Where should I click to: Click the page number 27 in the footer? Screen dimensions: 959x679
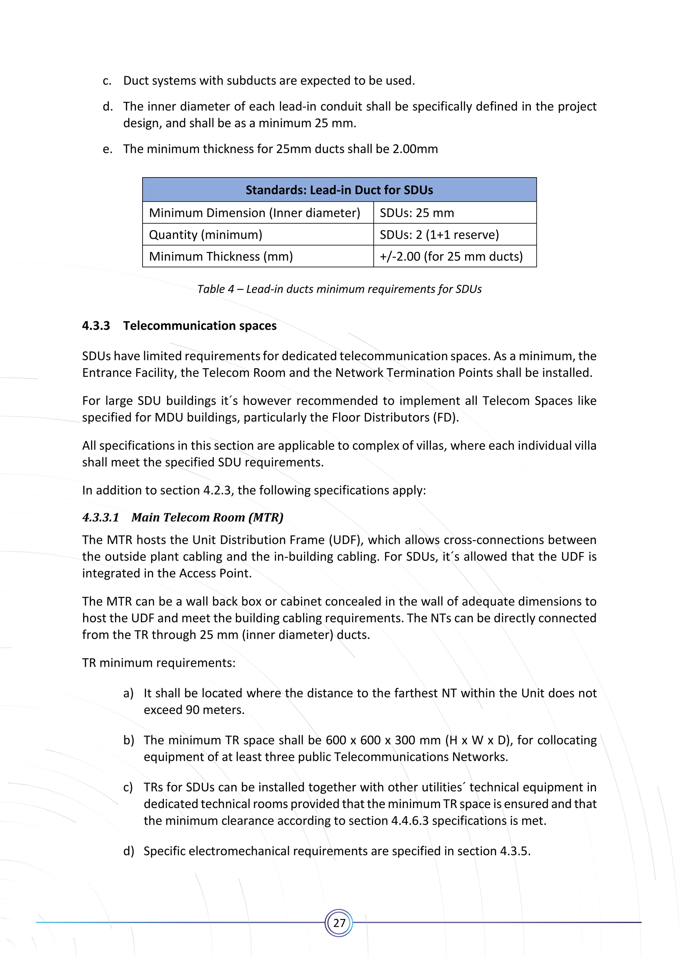point(339,923)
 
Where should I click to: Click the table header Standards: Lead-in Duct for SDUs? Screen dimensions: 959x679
point(339,190)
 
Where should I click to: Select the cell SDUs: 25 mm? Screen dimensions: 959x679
point(416,213)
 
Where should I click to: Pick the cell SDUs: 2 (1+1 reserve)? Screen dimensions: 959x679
point(439,235)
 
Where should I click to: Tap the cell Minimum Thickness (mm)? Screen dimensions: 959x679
point(221,256)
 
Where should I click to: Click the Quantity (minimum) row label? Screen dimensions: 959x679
point(205,235)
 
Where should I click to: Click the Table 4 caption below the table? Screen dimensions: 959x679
point(339,289)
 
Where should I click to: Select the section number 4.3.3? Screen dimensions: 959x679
point(96,326)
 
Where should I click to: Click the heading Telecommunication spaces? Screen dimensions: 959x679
point(200,326)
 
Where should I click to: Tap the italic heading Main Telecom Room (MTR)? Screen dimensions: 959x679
point(207,518)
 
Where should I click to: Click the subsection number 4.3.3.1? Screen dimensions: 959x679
point(100,518)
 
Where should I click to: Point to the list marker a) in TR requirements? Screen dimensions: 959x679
point(128,693)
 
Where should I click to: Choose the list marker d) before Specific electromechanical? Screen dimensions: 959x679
point(128,851)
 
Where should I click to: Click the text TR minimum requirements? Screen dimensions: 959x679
point(159,663)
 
